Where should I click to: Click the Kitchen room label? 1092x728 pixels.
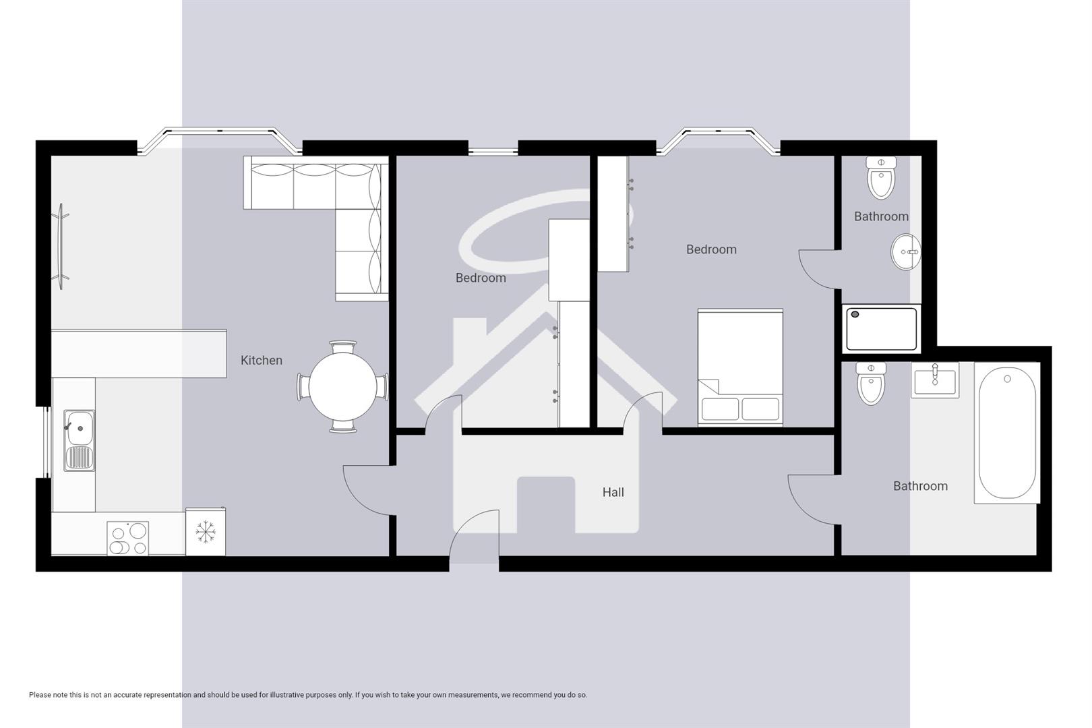point(261,361)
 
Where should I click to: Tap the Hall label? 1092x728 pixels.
point(613,493)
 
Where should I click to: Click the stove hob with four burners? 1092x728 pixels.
point(127,539)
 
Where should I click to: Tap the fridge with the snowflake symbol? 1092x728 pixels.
point(205,532)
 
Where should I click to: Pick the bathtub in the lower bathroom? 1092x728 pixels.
point(1007,435)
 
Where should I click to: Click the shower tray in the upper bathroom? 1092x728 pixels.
point(881,329)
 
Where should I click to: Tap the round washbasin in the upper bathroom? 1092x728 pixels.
point(905,252)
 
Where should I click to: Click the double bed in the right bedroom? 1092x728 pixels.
point(740,367)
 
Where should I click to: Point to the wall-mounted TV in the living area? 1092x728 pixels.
point(61,247)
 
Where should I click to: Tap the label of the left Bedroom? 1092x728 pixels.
point(480,278)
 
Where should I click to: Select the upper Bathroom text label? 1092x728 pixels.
point(880,216)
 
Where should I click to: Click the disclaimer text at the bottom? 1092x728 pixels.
point(307,695)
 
